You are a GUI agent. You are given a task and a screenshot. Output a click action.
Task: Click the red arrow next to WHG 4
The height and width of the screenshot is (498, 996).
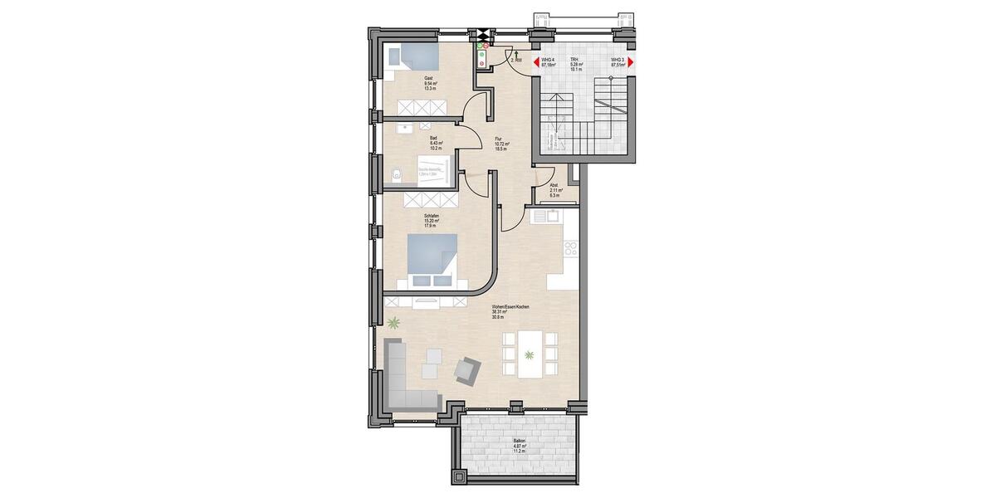pyautogui.click(x=535, y=61)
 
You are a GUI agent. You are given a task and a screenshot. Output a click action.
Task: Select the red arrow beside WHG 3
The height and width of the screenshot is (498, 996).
pyautogui.click(x=630, y=61)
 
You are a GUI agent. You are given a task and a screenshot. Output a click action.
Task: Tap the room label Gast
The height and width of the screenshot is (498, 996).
pyautogui.click(x=428, y=77)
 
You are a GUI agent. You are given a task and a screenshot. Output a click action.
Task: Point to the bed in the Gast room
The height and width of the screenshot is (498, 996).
pyautogui.click(x=413, y=56)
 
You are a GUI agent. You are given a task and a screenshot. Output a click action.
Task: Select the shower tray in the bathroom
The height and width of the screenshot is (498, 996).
pyautogui.click(x=432, y=172)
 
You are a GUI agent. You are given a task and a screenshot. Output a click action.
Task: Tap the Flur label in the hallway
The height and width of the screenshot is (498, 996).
pyautogui.click(x=498, y=139)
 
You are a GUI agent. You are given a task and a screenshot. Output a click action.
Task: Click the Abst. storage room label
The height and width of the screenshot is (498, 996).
pyautogui.click(x=554, y=185)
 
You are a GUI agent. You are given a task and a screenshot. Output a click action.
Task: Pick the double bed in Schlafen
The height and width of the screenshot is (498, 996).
pyautogui.click(x=432, y=260)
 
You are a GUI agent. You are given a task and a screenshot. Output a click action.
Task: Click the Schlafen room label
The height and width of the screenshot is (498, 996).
pyautogui.click(x=431, y=217)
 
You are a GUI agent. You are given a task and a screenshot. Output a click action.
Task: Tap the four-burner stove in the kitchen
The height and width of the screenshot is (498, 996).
pyautogui.click(x=571, y=247)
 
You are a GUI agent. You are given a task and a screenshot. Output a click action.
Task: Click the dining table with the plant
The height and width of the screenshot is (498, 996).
pyautogui.click(x=530, y=354)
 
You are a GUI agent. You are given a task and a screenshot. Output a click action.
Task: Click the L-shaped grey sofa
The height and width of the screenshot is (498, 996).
pyautogui.click(x=407, y=382)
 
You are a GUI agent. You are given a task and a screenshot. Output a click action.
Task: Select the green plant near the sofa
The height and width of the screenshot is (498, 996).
pyautogui.click(x=393, y=322)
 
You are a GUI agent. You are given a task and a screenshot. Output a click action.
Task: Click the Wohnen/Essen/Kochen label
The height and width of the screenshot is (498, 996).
pyautogui.click(x=510, y=307)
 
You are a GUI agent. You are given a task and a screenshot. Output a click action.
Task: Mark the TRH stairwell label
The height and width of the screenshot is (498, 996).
pyautogui.click(x=573, y=60)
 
